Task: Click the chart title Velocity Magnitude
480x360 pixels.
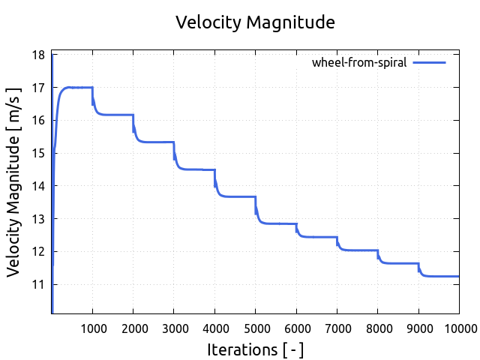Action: [255, 22]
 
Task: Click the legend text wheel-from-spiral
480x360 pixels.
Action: [359, 63]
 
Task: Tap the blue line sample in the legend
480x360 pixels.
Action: [429, 63]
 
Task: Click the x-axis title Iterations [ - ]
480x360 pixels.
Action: [255, 349]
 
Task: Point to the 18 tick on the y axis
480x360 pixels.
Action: [37, 55]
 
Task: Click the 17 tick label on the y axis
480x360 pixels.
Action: [37, 88]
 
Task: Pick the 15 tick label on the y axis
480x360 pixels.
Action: [37, 153]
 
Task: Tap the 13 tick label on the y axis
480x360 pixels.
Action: [37, 219]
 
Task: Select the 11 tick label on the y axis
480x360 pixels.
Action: [37, 284]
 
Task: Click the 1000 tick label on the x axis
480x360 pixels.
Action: [92, 327]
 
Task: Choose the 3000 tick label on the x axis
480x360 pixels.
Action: [174, 327]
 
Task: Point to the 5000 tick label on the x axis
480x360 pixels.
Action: [255, 327]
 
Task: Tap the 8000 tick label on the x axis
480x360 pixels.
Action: [377, 327]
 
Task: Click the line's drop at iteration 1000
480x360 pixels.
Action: [93, 97]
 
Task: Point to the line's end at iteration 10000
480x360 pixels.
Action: [458, 277]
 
